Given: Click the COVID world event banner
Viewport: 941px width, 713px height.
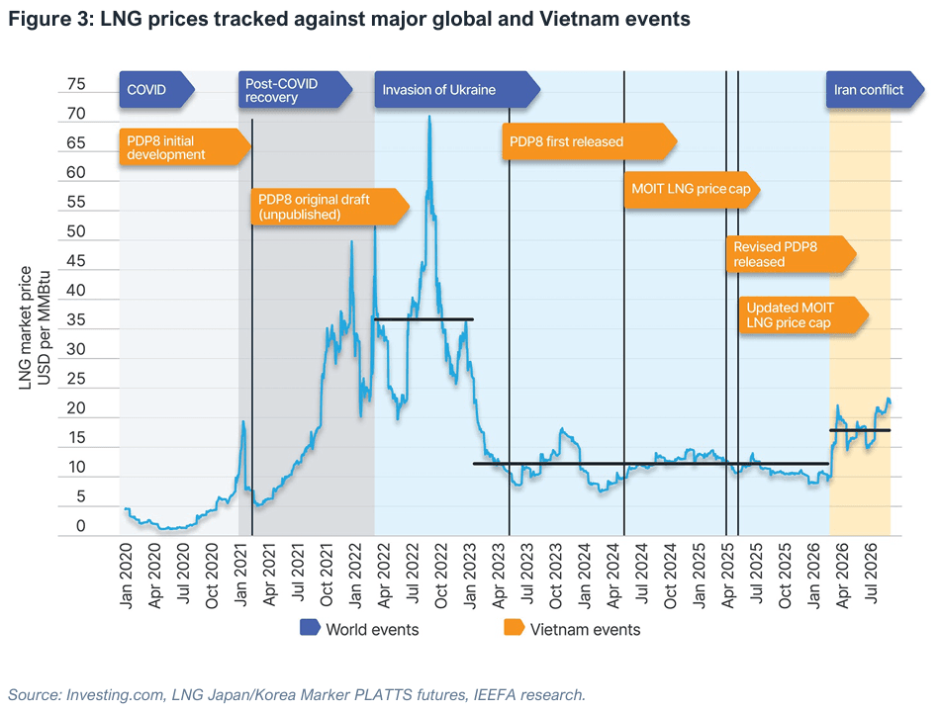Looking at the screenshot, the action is (x=156, y=90).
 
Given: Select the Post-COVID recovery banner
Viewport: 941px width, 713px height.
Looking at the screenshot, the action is (x=295, y=90).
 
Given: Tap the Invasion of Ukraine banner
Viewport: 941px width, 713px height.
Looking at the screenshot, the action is (x=457, y=90).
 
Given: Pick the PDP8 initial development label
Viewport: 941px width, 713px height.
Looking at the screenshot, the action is (x=185, y=147).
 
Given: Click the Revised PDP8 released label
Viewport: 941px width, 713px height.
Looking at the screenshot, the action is (x=791, y=254).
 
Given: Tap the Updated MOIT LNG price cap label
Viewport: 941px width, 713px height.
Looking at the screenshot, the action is (x=803, y=314).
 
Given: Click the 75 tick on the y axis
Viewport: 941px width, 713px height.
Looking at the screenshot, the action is (x=76, y=84).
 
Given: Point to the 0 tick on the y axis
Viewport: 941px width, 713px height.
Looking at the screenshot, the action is (x=81, y=526).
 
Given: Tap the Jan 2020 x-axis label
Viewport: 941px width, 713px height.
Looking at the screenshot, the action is (x=126, y=576).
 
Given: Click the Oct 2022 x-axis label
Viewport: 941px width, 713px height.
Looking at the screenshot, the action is (x=441, y=576).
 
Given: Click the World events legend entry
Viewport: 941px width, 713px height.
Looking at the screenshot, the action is (x=359, y=629).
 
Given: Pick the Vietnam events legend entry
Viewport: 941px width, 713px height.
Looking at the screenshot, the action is (x=572, y=629).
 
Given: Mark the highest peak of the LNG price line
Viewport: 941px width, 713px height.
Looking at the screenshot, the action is (x=429, y=117).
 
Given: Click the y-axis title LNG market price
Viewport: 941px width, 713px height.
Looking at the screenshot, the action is (x=25, y=327).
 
